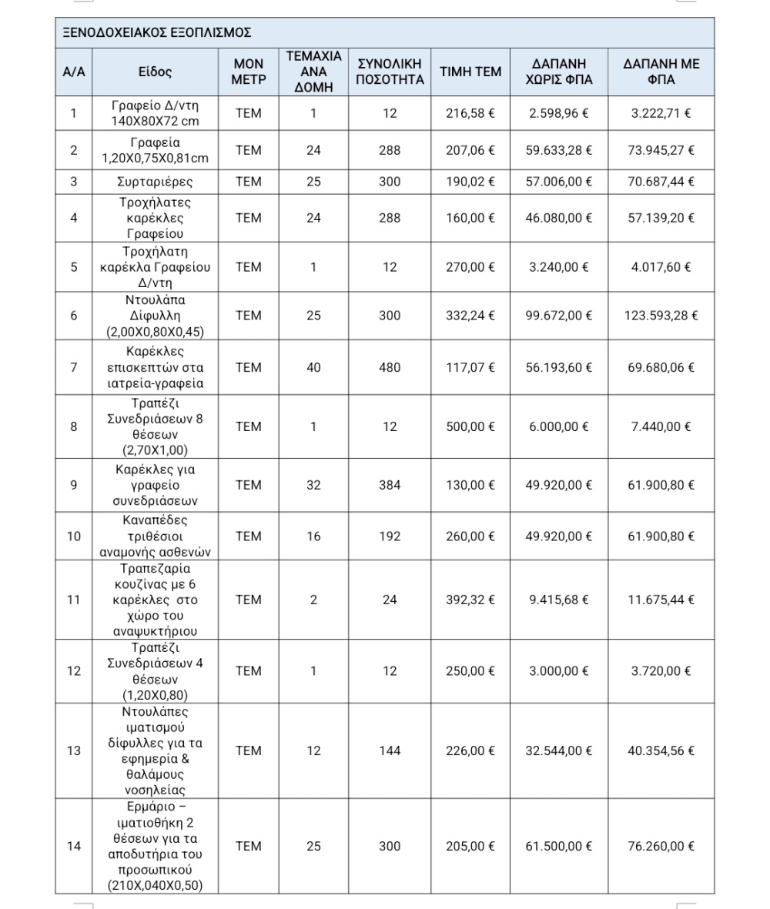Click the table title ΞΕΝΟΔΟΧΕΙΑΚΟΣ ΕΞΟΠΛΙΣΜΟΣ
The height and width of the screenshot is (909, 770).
coord(159,33)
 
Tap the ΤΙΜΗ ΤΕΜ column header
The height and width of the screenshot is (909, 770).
coord(470,72)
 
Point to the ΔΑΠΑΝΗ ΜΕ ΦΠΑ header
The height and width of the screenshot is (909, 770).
coord(661,72)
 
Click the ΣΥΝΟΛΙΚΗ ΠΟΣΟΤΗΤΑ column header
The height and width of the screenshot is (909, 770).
coord(390,72)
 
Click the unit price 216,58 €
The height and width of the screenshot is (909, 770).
coord(470,113)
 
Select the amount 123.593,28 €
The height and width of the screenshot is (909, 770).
coord(661,316)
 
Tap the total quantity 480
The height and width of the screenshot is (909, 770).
coord(390,368)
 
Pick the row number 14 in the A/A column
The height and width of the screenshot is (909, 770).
coord(74,847)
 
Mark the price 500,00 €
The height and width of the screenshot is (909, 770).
coord(470,426)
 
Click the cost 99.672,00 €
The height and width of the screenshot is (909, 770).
coord(558,316)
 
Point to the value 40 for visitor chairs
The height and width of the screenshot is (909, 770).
coord(313,368)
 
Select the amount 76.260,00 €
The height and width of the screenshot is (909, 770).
coord(661,847)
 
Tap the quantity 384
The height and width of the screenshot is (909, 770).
coord(390,485)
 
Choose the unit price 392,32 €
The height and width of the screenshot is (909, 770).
coord(470,600)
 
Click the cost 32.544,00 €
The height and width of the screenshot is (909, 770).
coord(558,750)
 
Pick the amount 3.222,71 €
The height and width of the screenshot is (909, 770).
coord(661,113)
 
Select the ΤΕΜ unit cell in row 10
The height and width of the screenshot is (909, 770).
coord(249,536)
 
